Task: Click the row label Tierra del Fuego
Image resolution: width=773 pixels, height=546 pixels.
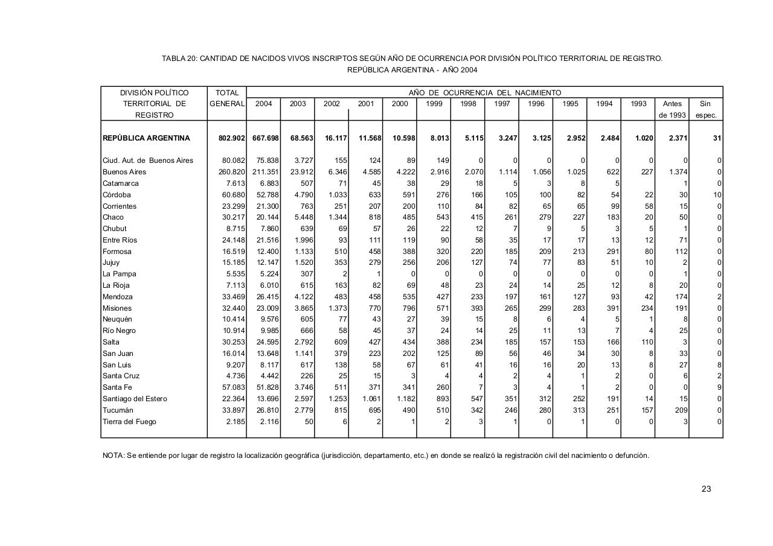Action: (x=129, y=422)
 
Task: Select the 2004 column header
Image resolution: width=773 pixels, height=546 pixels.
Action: (x=263, y=104)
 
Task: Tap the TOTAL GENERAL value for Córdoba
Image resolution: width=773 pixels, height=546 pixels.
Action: (x=234, y=195)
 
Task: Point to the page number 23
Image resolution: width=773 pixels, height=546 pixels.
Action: (x=706, y=489)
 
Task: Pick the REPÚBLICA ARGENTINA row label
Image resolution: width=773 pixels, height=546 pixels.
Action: (x=146, y=138)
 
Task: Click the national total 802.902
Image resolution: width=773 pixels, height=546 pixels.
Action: (x=232, y=138)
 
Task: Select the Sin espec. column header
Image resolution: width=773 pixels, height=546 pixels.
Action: (x=705, y=109)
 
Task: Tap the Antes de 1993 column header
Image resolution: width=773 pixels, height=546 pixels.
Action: (x=672, y=109)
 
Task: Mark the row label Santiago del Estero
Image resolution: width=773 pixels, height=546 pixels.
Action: (x=135, y=399)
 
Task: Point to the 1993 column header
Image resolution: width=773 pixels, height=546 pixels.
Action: (x=638, y=104)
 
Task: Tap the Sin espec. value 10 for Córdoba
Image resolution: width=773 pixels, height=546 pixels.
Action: (x=717, y=195)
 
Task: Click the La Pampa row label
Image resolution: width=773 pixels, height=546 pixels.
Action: (x=119, y=274)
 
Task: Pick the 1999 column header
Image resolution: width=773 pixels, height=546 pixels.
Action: (x=434, y=104)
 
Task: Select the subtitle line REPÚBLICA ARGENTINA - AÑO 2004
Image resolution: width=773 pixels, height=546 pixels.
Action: (x=412, y=70)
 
